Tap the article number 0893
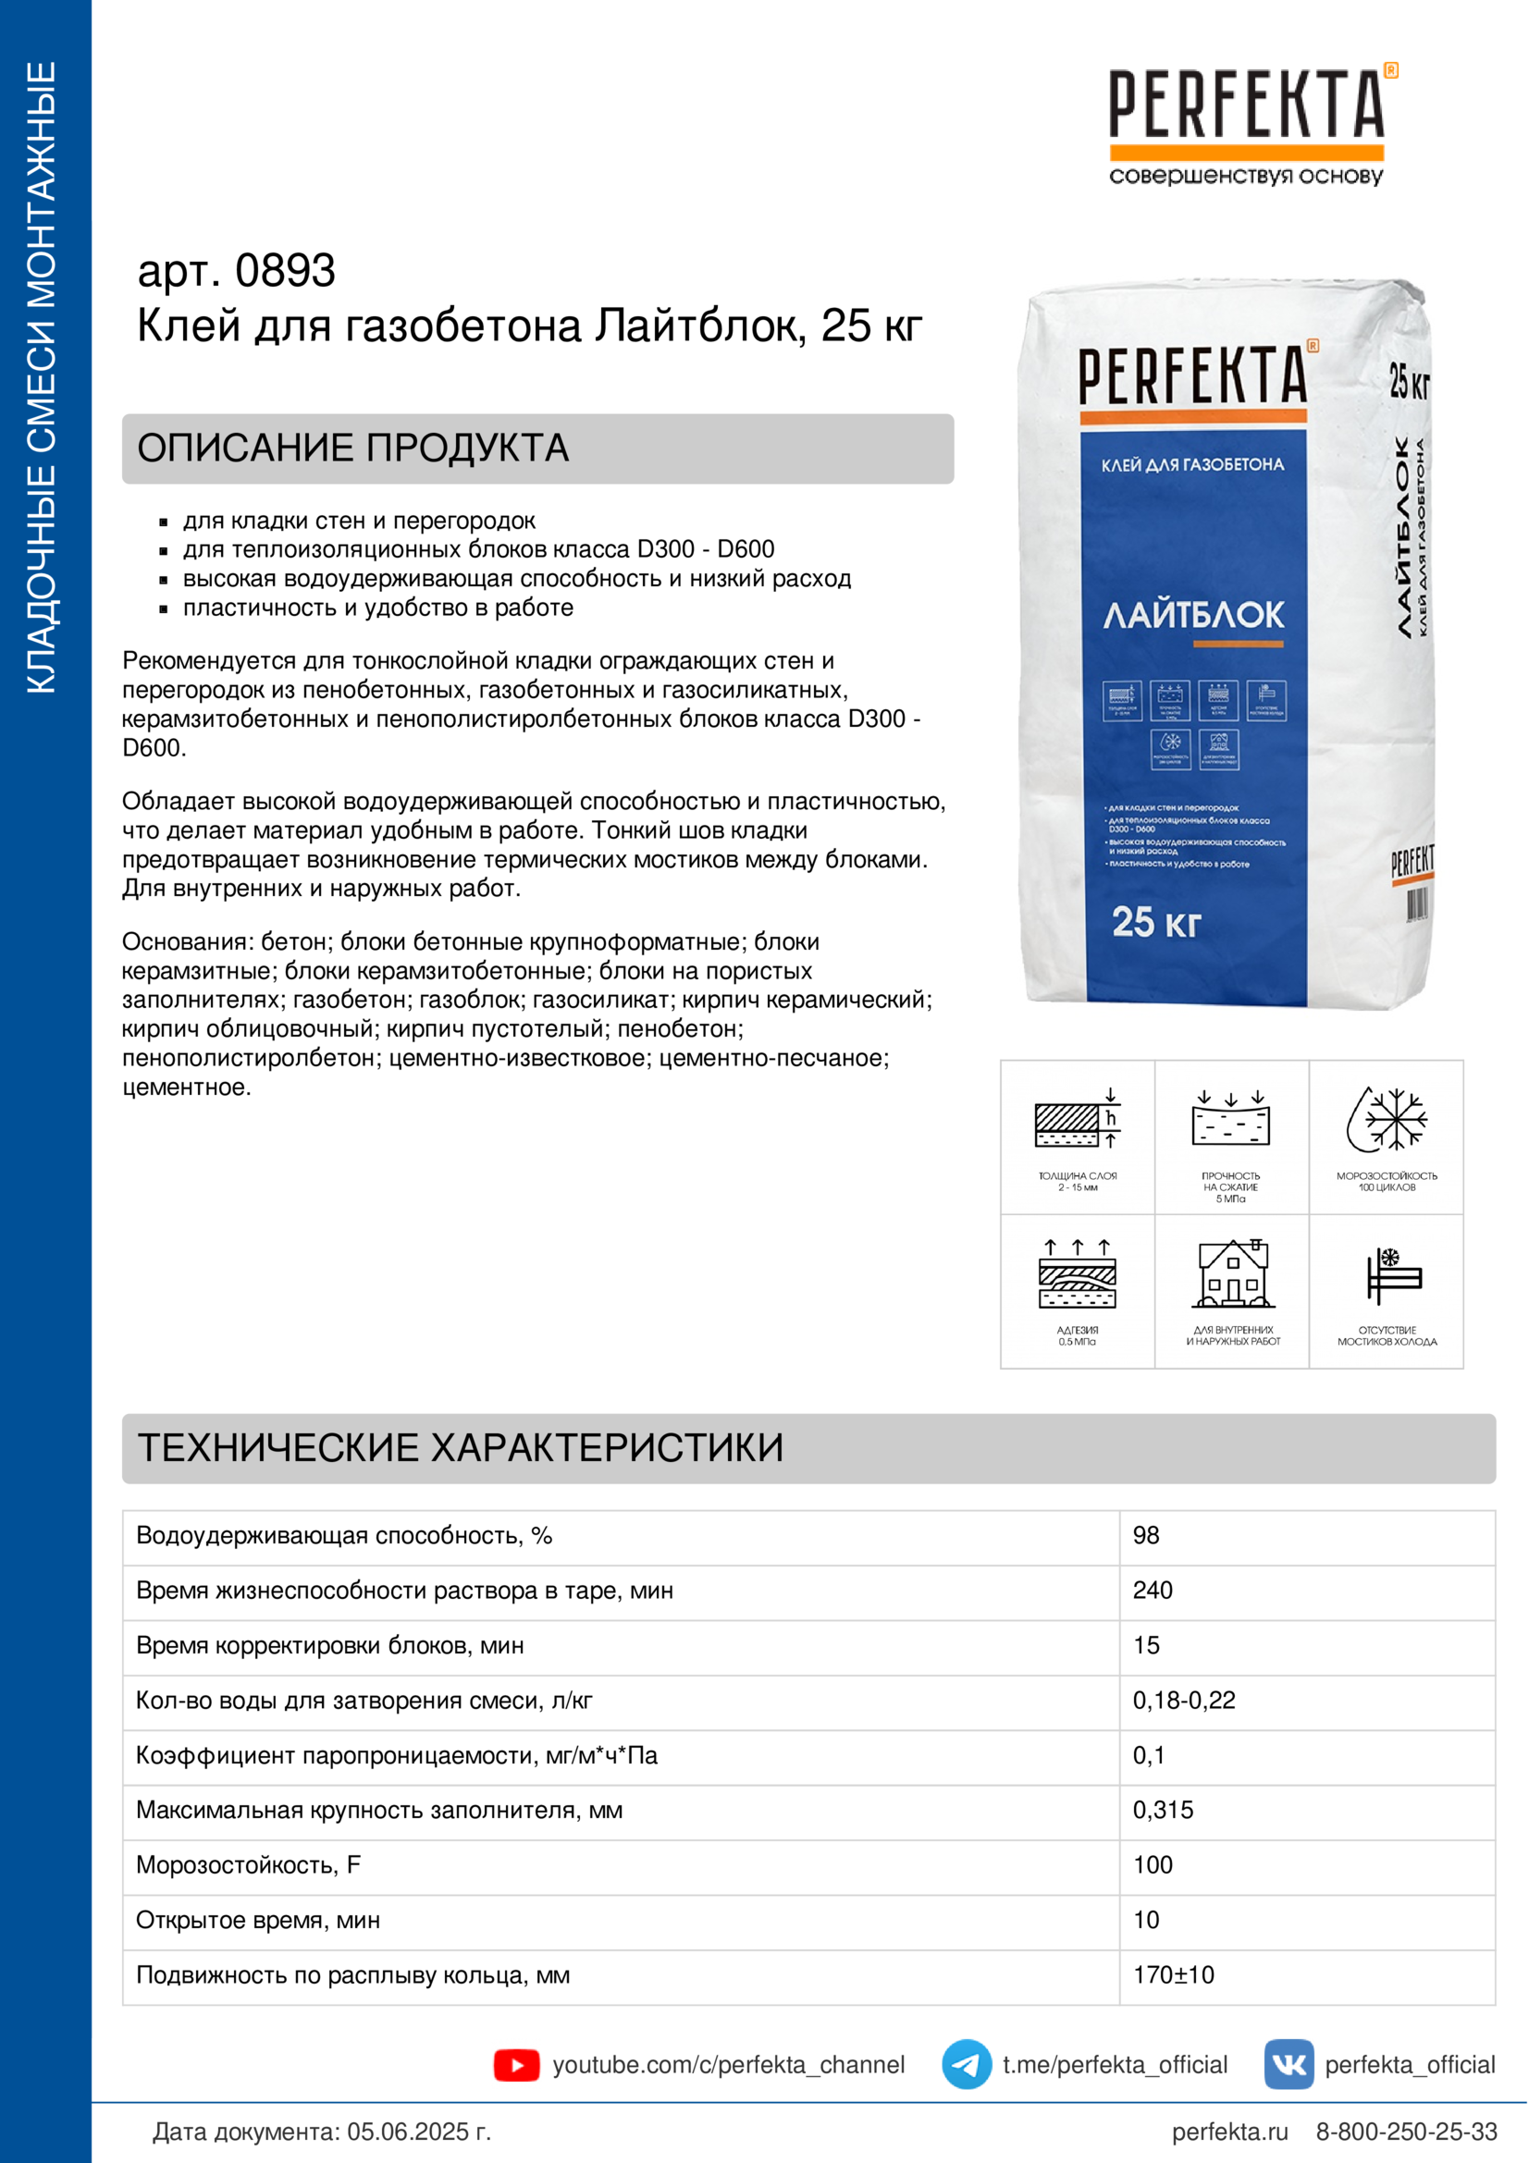click(x=285, y=271)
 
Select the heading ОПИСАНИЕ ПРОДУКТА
click(x=353, y=449)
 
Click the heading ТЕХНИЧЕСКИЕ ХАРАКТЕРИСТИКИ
click(x=461, y=1448)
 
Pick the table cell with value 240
click(x=1153, y=1591)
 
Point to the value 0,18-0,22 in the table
click(x=1183, y=1701)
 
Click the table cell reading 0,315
click(x=1163, y=1810)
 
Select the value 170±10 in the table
click(x=1173, y=1974)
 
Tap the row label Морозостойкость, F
click(x=249, y=1865)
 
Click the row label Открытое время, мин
click(x=258, y=1920)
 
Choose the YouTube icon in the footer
click(x=516, y=2065)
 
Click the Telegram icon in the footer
click(x=966, y=2065)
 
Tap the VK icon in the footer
click(x=1289, y=2065)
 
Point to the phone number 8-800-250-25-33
click(x=1406, y=2132)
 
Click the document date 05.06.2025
click(x=418, y=2132)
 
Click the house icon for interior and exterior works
click(x=1232, y=1274)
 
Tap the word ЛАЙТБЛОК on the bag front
click(x=1192, y=615)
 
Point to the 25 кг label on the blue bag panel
click(x=1156, y=922)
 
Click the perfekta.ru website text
click(x=1229, y=2132)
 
